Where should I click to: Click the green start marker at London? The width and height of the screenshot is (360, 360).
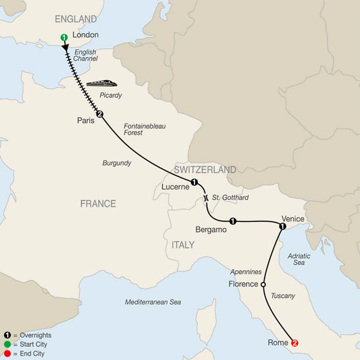coord(64,38)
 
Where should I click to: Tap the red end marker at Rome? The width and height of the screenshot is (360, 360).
coord(294,343)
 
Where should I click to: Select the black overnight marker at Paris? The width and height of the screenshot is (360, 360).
coord(100,115)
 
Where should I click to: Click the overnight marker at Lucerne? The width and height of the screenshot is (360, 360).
coord(194,182)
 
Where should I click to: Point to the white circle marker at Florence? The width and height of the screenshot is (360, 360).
coord(263,284)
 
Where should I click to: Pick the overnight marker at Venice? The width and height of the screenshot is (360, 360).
coord(281,226)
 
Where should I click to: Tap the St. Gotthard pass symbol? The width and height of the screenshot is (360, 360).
coord(206,198)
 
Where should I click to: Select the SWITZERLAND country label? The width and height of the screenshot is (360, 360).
coord(206,169)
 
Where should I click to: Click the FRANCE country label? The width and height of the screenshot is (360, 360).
coord(98,204)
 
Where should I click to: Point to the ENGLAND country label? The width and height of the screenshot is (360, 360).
coord(76,19)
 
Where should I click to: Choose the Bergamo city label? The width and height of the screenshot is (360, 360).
coord(212,229)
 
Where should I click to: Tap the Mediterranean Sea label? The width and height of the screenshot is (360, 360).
coord(152,302)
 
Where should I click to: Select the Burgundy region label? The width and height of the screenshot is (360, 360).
coord(118,163)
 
